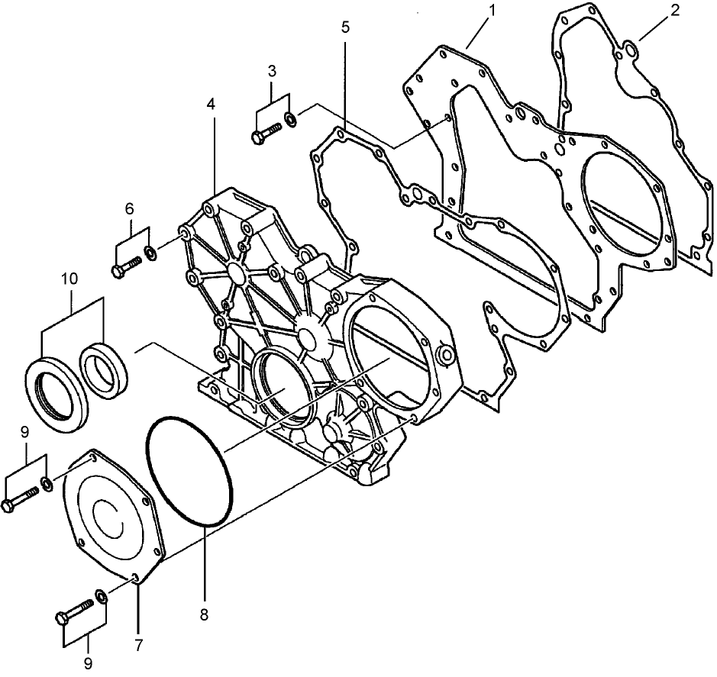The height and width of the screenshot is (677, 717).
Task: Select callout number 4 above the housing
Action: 211,103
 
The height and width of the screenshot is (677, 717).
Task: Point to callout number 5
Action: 346,27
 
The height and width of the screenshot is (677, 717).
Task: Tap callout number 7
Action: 138,646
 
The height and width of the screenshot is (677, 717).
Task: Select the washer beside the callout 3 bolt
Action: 292,119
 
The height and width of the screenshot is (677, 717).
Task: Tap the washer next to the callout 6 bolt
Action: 150,251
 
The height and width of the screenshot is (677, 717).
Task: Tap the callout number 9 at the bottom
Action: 88,664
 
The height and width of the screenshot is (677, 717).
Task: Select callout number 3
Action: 272,73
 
